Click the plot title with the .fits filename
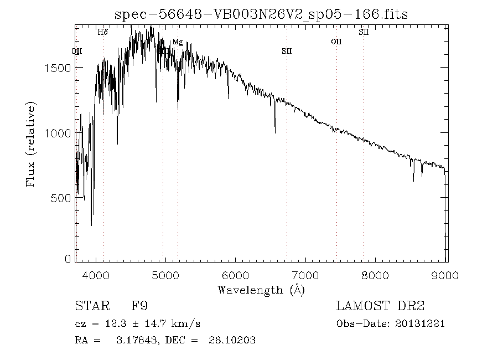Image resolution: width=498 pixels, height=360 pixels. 261,14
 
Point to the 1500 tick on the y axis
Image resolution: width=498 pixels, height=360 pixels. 60,68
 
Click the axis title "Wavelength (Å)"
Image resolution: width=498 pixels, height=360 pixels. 261,290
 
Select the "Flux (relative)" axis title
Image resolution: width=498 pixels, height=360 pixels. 31,144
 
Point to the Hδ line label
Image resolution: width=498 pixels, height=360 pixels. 103,32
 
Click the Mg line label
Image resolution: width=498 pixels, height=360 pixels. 177,42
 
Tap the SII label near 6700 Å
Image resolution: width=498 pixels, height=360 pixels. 286,51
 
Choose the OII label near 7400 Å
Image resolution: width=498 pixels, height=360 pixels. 336,42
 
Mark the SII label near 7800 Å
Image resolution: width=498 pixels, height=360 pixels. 364,32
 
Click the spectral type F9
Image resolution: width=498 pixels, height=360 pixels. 138,306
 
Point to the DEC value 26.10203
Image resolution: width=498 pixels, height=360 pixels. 232,341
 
